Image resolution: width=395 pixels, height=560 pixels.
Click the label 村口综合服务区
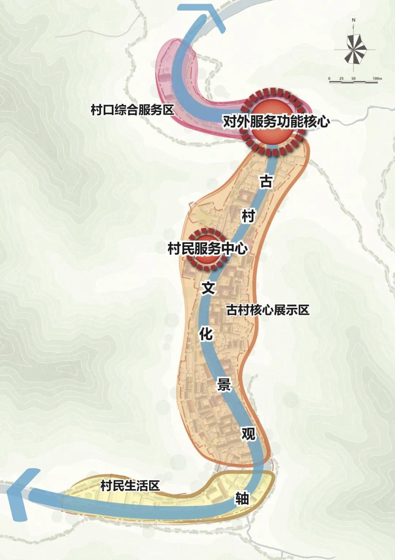pyautogui.click(x=132, y=110)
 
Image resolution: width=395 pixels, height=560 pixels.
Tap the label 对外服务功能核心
pyautogui.click(x=276, y=121)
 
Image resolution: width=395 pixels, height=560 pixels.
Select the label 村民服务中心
pyautogui.click(x=207, y=249)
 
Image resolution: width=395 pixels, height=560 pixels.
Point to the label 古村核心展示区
pyautogui.click(x=268, y=310)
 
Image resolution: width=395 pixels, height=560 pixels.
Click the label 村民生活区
pyautogui.click(x=130, y=486)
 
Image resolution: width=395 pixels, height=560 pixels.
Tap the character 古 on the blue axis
pyautogui.click(x=266, y=181)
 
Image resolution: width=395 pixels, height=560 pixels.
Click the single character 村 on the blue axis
pyautogui.click(x=248, y=216)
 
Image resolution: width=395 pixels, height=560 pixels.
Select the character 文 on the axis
pyautogui.click(x=208, y=288)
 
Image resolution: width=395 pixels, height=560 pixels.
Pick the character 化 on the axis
pyautogui.click(x=206, y=334)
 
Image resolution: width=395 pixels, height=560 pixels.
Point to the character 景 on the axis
pyautogui.click(x=224, y=385)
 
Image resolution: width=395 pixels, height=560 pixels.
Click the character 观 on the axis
pyautogui.click(x=248, y=434)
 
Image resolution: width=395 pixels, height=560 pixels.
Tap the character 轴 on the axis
pyautogui.click(x=242, y=498)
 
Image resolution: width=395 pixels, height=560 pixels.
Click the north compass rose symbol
pyautogui.click(x=354, y=49)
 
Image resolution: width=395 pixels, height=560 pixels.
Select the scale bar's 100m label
pyautogui.click(x=377, y=78)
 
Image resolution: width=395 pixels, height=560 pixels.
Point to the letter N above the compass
pyautogui.click(x=354, y=20)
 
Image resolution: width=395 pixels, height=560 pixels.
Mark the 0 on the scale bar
pyautogui.click(x=329, y=78)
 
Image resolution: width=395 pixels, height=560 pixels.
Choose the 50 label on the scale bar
pyautogui.click(x=353, y=78)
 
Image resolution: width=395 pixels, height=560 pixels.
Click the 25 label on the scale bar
pyautogui.click(x=341, y=78)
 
